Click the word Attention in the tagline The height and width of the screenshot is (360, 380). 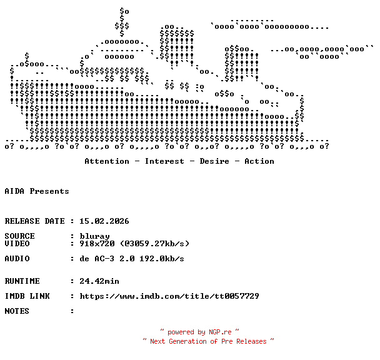coord(107,161)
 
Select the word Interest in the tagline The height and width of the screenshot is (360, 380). coord(164,161)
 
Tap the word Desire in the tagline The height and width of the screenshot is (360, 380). coord(214,161)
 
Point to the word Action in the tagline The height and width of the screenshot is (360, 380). coord(259,161)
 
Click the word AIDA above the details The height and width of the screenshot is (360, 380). coord(14,191)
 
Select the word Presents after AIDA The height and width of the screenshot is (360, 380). coord(49,191)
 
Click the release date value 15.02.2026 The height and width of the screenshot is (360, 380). coord(104,221)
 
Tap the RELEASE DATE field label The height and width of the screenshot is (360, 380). coord(34,221)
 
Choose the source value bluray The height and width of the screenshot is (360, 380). coord(94,236)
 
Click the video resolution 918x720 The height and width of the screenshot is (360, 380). coord(97,244)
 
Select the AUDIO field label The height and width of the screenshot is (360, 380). coord(17,259)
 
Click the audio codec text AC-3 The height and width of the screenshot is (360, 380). coord(104,259)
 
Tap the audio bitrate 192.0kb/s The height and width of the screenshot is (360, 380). coord(162,259)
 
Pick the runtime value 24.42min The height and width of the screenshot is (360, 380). coord(99,281)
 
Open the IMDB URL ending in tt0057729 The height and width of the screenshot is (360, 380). coord(169,296)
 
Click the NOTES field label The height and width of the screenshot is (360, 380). coord(17,311)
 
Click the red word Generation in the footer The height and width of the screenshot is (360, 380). coord(188,341)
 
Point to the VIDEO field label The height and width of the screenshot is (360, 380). coord(17,244)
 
